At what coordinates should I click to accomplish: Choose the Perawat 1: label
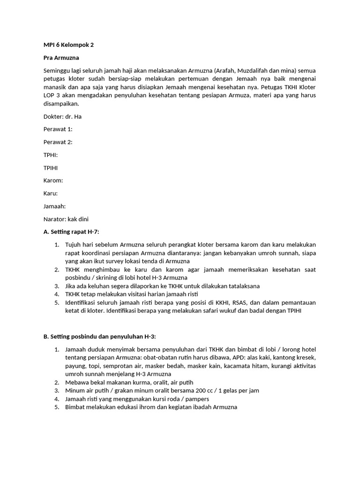point(58,129)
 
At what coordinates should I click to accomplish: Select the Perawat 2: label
point(58,142)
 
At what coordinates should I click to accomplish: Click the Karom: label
point(53,180)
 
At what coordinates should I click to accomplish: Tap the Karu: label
point(50,193)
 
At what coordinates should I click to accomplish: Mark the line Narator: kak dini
point(66,219)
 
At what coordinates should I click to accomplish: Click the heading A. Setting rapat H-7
point(71,232)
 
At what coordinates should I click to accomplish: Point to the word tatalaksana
point(240,285)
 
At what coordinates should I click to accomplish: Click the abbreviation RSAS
point(235,302)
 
